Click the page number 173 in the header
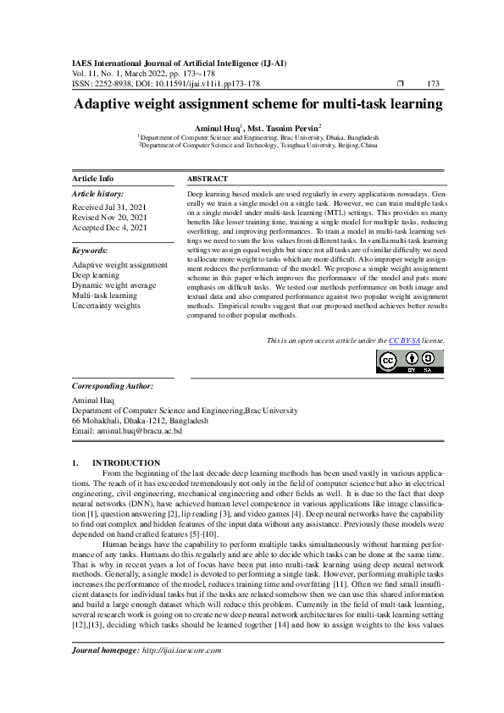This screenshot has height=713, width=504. pos(434,84)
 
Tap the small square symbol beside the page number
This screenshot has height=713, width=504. pos(402,84)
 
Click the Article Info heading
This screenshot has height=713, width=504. pos(93,179)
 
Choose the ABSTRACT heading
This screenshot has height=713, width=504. pos(207,180)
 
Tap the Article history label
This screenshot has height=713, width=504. pos(98,194)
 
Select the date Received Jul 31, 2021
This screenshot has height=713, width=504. pos(109,207)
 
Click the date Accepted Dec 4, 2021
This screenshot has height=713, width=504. pos(109,228)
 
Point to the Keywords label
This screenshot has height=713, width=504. pos(91,251)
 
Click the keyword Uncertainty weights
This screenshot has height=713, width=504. pos(106,306)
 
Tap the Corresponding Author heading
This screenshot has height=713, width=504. pos(113,385)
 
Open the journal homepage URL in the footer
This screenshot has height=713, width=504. pos(183,674)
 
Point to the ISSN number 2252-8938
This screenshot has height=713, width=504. pos(118,84)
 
